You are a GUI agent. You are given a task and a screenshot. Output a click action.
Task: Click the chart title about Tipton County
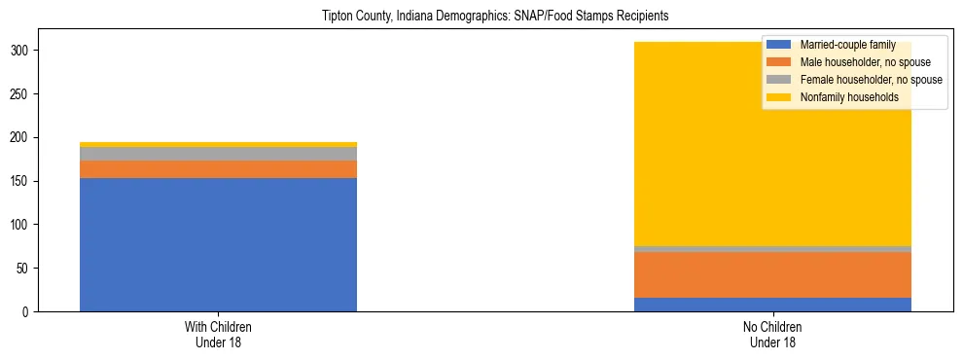click(495, 17)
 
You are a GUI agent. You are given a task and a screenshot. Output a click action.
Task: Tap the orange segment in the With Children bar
click(218, 169)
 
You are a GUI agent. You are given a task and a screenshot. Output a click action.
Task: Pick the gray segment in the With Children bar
click(218, 154)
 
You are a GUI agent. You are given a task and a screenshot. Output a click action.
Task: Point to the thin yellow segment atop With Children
click(218, 144)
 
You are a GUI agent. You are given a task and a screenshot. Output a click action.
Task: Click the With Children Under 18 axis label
click(218, 335)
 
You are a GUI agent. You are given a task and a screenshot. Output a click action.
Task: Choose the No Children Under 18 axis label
click(772, 335)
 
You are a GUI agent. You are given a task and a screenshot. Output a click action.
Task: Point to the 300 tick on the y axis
click(26, 51)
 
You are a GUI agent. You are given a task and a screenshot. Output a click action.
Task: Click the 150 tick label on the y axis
click(26, 181)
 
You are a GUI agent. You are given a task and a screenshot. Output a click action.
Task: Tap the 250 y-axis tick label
click(26, 94)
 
